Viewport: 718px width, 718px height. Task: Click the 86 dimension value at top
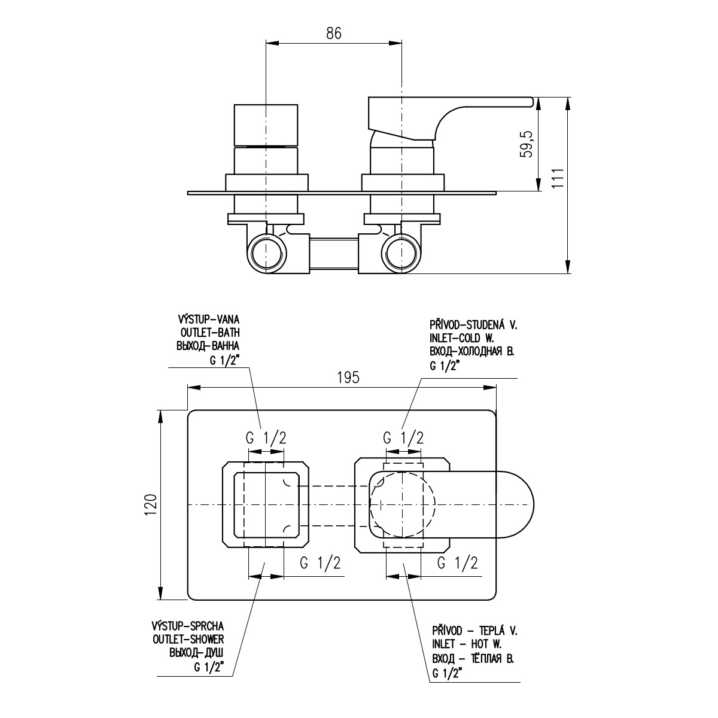333,34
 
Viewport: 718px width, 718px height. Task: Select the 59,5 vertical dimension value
526,144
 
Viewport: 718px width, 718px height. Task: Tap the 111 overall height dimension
558,178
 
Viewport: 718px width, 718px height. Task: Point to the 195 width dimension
348,378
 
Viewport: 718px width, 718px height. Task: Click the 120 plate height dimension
151,505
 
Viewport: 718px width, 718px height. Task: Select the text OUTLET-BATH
210,332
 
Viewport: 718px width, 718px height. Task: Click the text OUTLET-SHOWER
188,640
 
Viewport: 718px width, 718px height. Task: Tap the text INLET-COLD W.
462,339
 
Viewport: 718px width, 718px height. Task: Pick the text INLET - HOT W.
467,643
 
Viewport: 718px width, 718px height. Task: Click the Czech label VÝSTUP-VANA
209,319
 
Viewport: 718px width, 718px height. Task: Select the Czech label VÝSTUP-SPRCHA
187,626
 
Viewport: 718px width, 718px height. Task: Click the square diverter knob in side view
266,125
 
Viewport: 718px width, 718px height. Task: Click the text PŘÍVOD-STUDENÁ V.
473,325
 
